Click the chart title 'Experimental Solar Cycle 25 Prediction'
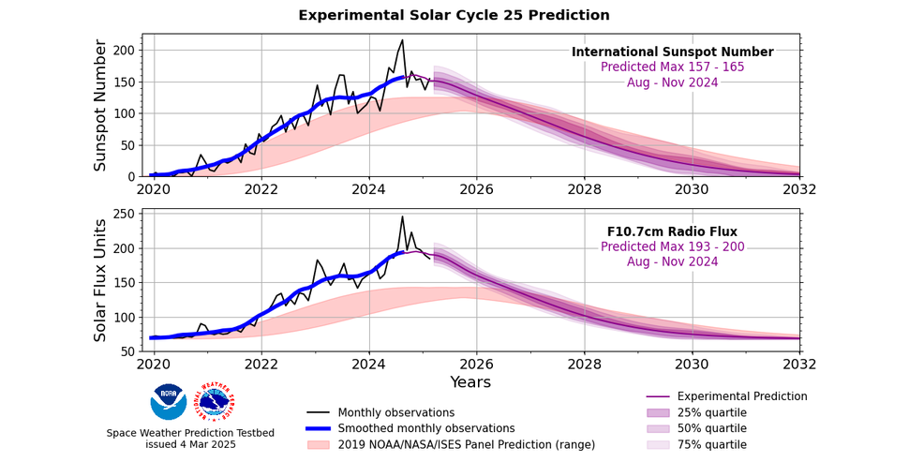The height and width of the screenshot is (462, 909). [454, 15]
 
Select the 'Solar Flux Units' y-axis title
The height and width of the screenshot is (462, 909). [100, 281]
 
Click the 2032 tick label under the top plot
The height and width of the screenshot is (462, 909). [799, 188]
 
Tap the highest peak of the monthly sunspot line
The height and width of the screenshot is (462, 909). [402, 40]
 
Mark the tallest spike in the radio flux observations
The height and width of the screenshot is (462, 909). [402, 216]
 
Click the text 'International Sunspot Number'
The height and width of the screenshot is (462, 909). [672, 52]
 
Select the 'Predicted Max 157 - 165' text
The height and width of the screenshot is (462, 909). [672, 67]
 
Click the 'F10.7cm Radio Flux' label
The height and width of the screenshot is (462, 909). [672, 232]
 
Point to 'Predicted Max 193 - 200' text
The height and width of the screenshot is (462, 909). [672, 247]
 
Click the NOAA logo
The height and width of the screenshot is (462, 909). [169, 401]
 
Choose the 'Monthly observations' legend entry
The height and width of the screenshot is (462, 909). [395, 413]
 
